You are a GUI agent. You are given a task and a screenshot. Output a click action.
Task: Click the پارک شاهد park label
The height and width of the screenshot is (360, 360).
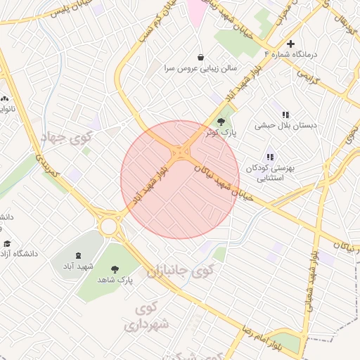click(x=116, y=281)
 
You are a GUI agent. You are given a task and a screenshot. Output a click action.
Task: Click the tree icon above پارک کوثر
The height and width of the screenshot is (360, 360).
click(x=221, y=121)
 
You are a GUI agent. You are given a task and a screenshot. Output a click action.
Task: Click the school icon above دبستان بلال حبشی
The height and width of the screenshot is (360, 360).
click(x=285, y=114)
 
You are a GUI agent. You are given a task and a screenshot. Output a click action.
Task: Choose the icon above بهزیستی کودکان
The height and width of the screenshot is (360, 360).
click(x=269, y=157)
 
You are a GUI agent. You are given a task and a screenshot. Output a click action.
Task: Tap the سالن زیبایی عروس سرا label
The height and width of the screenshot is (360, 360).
click(x=201, y=69)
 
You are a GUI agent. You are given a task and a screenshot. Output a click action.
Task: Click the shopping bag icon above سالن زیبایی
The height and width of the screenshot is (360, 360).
click(x=201, y=58)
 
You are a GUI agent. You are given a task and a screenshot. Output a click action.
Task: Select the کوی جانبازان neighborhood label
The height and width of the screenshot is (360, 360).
click(x=179, y=270)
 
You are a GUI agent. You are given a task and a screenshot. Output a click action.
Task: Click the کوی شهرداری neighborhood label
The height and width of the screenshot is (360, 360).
click(x=147, y=316)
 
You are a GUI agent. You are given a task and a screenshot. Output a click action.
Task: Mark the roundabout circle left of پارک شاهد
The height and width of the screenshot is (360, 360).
click(x=109, y=226)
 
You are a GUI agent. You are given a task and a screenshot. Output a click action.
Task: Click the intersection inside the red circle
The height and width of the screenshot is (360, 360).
click(x=181, y=152)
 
